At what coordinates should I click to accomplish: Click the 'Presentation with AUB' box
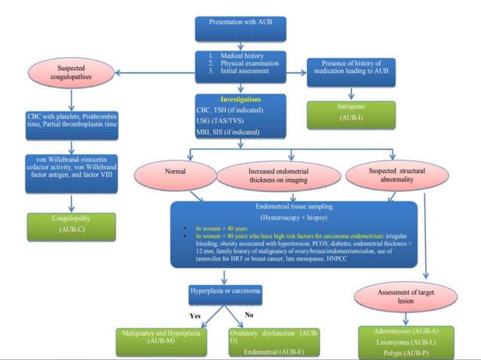(x=240, y=26)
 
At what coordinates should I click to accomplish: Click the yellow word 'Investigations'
(x=240, y=99)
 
